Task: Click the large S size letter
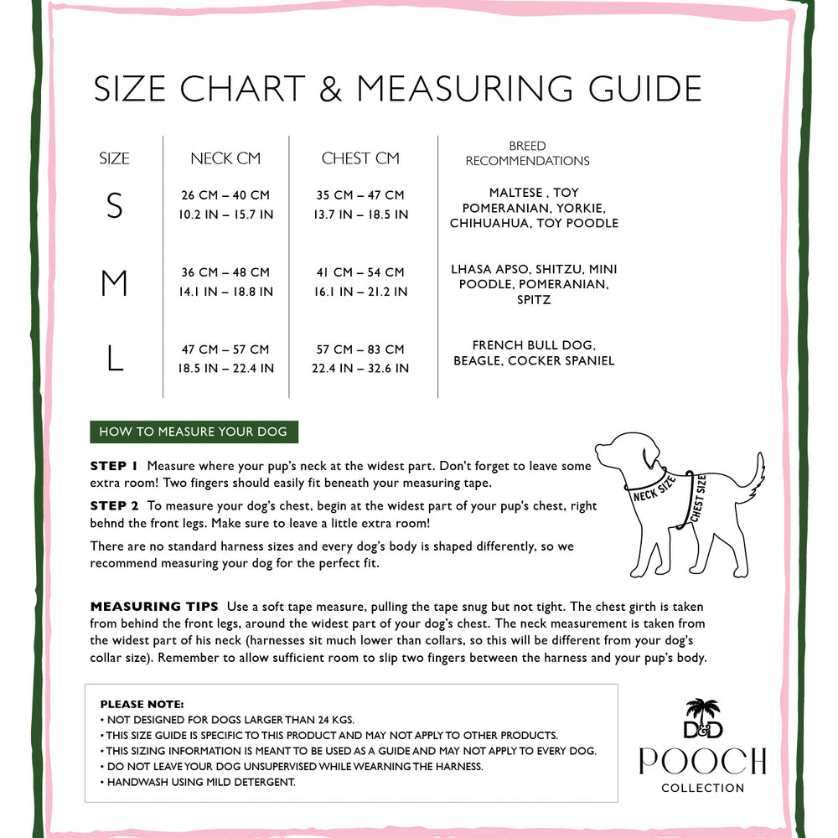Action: pos(115,205)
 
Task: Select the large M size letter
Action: pos(114,283)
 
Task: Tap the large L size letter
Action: pos(115,360)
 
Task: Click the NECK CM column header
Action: pos(225,158)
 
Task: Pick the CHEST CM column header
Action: pos(360,158)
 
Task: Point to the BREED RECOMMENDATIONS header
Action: pos(527,153)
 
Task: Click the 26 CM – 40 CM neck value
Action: pos(225,195)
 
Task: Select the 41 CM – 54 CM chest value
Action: pos(360,272)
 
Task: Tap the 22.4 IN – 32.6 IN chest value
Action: pos(360,369)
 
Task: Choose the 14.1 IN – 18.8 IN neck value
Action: pos(225,292)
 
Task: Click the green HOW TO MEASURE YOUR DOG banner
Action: pos(194,432)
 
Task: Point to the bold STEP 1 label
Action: pos(114,466)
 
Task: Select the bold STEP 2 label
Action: pos(114,505)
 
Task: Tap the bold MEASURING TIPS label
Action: pos(154,606)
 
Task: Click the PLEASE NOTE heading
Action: pos(142,705)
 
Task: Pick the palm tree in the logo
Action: pos(702,711)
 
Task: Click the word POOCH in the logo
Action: pos(702,761)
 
